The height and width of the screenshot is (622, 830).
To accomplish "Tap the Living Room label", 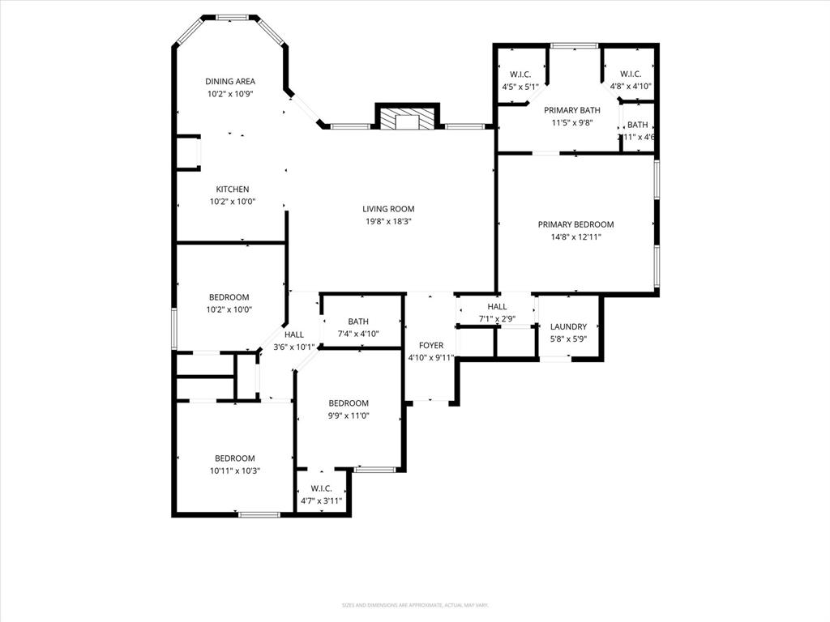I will tap(388, 209).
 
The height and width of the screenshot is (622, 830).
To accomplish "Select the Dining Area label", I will tap(230, 81).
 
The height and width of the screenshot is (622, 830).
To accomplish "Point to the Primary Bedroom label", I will tap(575, 224).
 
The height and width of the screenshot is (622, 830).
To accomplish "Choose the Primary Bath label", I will tap(571, 110).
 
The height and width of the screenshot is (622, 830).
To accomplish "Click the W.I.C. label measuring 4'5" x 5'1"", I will tap(520, 75).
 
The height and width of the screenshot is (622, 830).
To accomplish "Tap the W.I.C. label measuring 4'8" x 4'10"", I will tap(631, 75).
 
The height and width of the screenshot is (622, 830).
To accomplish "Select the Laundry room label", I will tap(568, 327).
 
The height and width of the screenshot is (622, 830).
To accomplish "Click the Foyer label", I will tap(430, 346).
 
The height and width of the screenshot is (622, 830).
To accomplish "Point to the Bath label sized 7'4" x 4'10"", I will tap(358, 322).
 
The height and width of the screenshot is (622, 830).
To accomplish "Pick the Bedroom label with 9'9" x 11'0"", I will tap(349, 403).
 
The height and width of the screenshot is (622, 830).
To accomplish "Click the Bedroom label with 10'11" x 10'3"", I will tap(234, 458).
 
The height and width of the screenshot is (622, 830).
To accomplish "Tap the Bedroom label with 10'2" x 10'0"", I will tap(229, 297).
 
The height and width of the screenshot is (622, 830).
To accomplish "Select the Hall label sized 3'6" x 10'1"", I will tap(293, 334).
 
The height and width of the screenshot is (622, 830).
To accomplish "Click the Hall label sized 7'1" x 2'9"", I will tap(497, 307).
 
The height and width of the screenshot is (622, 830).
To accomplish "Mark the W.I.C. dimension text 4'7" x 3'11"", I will tap(322, 501).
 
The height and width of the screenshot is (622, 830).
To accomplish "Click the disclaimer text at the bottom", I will tap(415, 605).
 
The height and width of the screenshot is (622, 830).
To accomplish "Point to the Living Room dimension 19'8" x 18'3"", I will tap(388, 221).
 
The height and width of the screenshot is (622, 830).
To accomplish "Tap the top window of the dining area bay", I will tap(230, 17).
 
